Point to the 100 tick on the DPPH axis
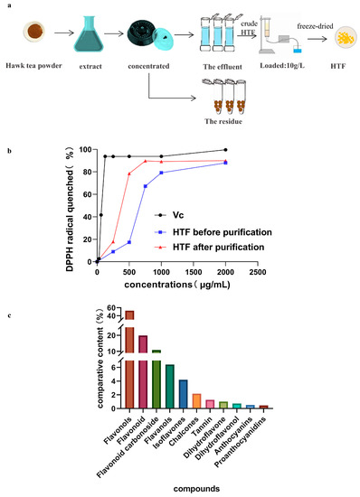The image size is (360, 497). (87, 149)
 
